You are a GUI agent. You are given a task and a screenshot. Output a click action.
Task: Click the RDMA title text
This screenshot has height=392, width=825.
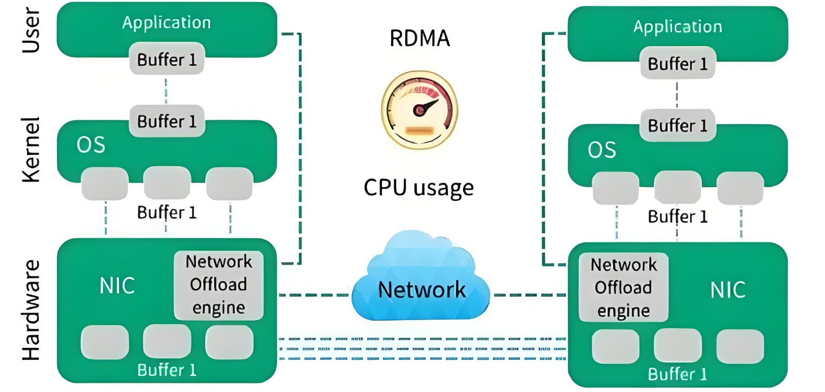(x=419, y=38)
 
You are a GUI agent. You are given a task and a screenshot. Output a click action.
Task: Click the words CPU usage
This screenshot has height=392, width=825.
(x=418, y=187)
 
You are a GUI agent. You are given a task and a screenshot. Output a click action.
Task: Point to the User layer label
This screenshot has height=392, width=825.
(x=31, y=30)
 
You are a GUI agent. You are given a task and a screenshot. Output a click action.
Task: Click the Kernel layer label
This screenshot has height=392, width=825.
(x=31, y=150)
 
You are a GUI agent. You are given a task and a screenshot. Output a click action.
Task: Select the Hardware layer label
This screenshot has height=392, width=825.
(x=31, y=310)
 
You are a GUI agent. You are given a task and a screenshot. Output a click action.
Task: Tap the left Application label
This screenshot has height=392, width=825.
(x=166, y=22)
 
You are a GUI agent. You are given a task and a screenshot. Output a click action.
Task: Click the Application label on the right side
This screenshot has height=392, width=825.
(x=678, y=27)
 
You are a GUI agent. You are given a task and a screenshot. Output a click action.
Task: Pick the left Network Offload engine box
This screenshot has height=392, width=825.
(x=218, y=285)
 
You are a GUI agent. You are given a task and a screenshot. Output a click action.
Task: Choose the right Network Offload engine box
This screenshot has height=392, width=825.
(x=623, y=287)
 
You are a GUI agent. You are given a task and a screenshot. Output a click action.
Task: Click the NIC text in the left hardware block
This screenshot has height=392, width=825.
(x=117, y=286)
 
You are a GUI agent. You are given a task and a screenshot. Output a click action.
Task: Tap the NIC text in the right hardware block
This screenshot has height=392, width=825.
(x=728, y=290)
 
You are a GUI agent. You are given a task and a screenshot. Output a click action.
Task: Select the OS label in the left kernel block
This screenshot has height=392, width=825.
(x=91, y=145)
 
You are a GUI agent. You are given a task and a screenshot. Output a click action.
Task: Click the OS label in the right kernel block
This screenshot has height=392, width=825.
(x=602, y=150)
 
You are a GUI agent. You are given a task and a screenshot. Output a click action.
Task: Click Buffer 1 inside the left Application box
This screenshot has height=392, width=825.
(x=167, y=60)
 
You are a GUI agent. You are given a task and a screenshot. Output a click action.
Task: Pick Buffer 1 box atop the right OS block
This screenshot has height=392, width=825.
(x=677, y=125)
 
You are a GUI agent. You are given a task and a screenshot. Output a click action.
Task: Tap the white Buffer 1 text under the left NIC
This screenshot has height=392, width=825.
(x=167, y=370)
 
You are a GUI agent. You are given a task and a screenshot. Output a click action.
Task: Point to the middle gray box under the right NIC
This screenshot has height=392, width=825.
(x=678, y=346)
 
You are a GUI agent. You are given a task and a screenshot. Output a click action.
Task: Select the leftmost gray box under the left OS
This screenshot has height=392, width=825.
(x=105, y=184)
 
